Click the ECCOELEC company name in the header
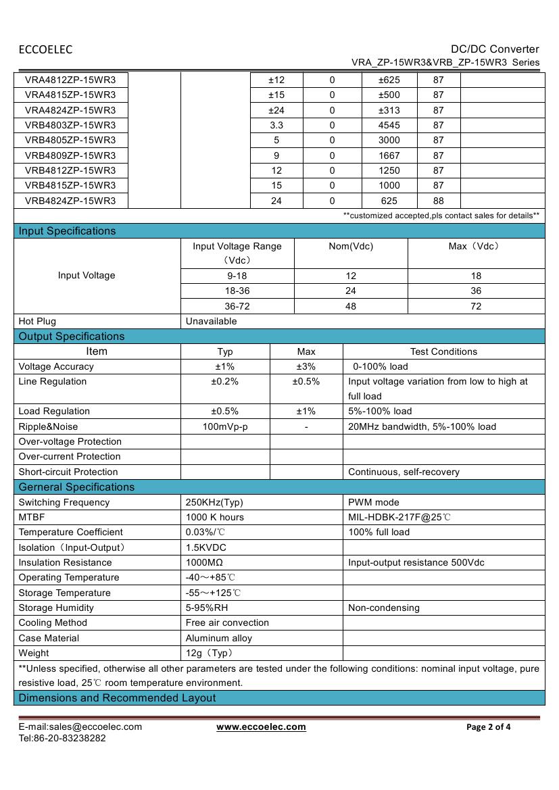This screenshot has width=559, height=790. click(45, 49)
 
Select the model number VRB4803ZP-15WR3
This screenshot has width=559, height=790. click(70, 125)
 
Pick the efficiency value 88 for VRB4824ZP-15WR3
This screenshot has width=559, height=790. click(439, 201)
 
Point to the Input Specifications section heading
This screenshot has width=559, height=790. click(68, 231)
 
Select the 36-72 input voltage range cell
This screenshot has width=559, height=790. click(237, 306)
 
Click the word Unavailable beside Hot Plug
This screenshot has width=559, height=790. click(211, 322)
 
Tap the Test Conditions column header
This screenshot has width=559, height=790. click(443, 351)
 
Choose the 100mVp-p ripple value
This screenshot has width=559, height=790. click(225, 426)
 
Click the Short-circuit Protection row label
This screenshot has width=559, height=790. click(68, 472)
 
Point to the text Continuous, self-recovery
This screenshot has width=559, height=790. click(404, 472)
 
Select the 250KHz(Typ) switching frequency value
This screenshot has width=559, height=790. click(214, 502)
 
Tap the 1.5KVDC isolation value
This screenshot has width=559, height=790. click(206, 547)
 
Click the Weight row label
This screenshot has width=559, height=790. click(34, 653)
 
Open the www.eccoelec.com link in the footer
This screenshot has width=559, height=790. click(261, 727)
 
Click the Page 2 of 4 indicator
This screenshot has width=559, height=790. click(489, 727)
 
